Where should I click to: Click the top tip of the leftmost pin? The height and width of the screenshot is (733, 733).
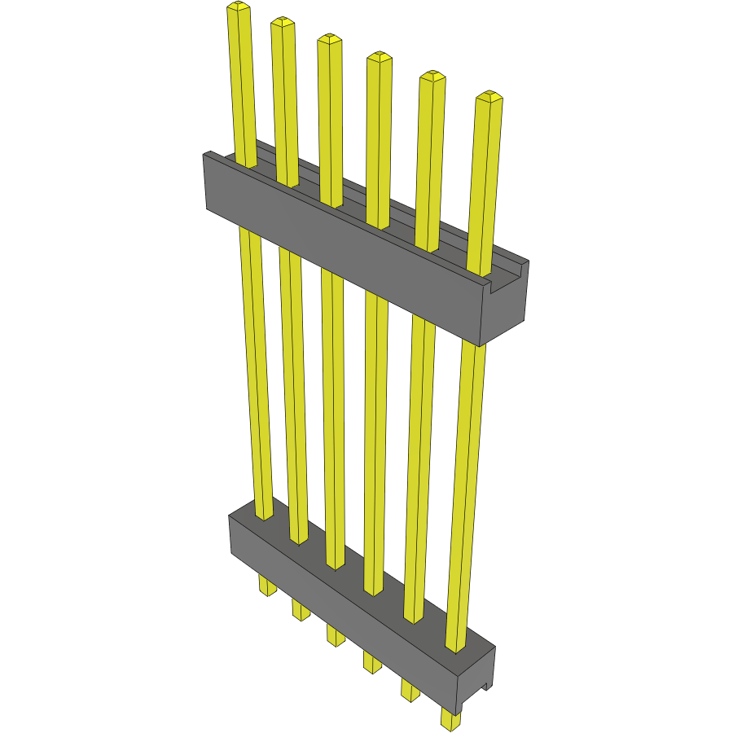237,7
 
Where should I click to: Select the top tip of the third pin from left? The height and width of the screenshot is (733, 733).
328,39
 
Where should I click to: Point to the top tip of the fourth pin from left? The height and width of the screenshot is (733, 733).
378,57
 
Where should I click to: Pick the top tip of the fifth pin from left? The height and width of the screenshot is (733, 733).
432,77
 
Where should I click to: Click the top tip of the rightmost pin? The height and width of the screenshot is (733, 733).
489,98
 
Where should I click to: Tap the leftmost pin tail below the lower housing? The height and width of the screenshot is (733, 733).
266,585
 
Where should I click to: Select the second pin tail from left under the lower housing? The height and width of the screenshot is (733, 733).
301,609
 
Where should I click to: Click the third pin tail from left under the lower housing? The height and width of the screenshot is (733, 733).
336,635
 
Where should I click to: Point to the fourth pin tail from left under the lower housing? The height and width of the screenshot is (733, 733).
372,662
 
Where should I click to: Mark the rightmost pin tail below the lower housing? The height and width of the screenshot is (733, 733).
450,719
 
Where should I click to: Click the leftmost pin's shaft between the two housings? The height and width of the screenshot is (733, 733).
256,366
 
